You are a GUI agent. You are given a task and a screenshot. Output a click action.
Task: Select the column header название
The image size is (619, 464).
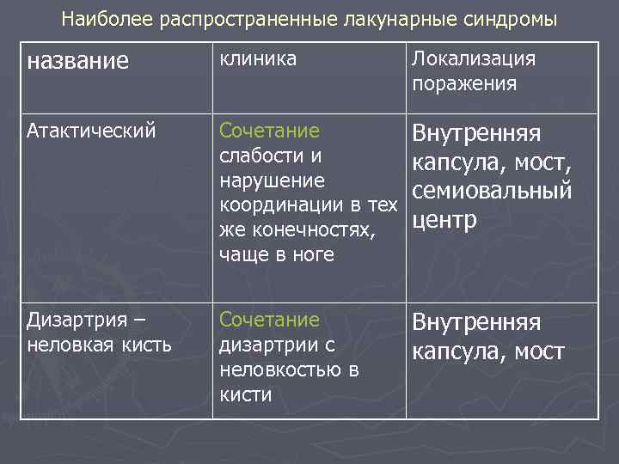pyautogui.click(x=78, y=61)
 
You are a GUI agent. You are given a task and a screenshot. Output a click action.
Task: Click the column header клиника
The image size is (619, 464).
pyautogui.click(x=258, y=58)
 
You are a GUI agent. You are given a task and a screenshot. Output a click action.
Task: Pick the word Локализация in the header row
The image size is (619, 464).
pyautogui.click(x=474, y=58)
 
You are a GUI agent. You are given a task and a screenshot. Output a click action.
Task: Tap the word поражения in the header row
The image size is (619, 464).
pyautogui.click(x=464, y=83)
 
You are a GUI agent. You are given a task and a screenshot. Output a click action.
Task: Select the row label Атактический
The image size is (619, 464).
pyautogui.click(x=91, y=131)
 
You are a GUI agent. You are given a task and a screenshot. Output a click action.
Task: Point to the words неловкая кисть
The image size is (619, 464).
pyautogui.click(x=100, y=345)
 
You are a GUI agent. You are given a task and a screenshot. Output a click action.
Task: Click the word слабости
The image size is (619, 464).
pyautogui.click(x=260, y=156)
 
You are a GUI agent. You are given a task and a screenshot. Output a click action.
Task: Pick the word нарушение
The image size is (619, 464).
pyautogui.click(x=272, y=181)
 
